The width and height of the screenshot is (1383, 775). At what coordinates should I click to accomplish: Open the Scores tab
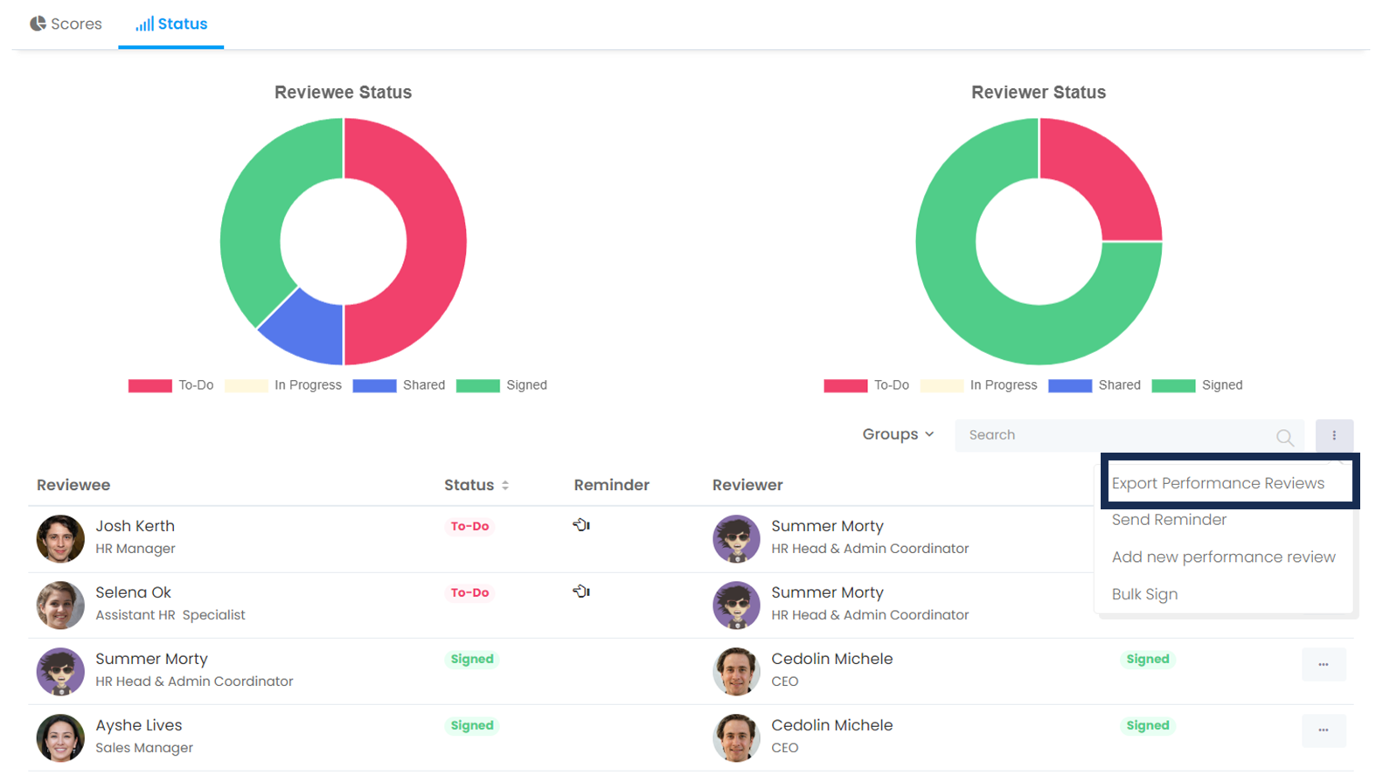pos(66,24)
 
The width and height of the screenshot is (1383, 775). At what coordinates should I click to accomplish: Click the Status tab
pos(171,24)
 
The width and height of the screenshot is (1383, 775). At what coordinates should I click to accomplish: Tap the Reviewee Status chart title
pos(343,92)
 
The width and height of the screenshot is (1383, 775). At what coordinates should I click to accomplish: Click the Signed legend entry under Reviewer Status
pos(1197,385)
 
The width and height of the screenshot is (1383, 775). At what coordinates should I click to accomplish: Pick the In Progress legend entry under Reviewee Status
pos(283,385)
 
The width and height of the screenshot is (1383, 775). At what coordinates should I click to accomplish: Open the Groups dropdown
pos(898,434)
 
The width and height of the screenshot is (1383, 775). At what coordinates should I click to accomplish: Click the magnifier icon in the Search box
pos(1284,437)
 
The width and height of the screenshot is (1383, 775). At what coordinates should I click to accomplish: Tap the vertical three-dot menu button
pos(1334,435)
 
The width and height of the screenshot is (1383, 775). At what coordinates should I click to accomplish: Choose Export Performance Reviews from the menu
pos(1218,483)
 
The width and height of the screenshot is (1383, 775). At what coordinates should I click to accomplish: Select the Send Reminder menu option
pos(1169,520)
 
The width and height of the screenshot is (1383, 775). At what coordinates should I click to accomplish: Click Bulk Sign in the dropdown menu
pos(1144,594)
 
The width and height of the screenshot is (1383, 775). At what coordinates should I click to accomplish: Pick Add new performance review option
pos(1223,557)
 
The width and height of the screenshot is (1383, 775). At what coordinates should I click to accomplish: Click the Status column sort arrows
pos(505,485)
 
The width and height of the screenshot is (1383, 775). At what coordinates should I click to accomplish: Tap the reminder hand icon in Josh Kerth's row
pos(581,525)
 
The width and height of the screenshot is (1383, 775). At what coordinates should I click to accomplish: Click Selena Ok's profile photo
pos(60,605)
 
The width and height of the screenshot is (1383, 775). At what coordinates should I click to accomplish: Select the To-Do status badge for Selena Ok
pos(469,592)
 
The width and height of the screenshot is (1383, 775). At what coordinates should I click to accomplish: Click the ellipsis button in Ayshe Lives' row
pos(1323,730)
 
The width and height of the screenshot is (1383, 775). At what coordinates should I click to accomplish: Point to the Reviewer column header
pos(747,485)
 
